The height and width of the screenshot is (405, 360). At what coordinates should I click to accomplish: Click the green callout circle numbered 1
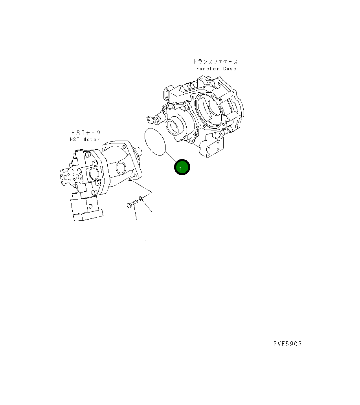click(x=182, y=168)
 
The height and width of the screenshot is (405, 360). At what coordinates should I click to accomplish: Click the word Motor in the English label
click(x=91, y=139)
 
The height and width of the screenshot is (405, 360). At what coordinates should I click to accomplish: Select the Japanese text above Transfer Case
click(x=215, y=62)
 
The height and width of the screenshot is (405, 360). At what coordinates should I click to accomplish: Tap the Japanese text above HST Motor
click(x=86, y=133)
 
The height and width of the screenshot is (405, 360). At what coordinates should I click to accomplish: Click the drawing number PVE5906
click(x=287, y=344)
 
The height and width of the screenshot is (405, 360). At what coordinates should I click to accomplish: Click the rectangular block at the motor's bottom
click(x=86, y=209)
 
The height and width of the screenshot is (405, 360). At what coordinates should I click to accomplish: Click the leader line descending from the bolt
click(x=135, y=214)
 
